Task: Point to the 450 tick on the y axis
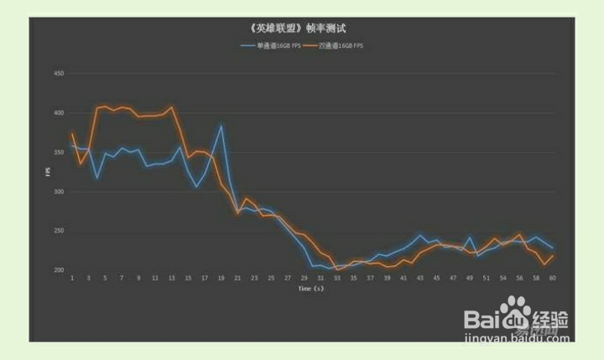(x=59, y=74)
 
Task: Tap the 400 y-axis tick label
(x=59, y=113)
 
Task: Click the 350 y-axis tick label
(x=59, y=153)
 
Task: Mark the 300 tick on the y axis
(x=59, y=192)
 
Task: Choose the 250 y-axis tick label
(x=59, y=231)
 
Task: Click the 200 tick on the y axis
(x=59, y=270)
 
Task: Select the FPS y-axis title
(x=48, y=172)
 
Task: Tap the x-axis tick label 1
(x=72, y=278)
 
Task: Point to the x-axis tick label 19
(x=221, y=278)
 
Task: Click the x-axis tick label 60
(x=553, y=278)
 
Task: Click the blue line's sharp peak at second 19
(x=221, y=126)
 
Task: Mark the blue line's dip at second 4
(x=97, y=178)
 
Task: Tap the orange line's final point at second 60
(x=553, y=255)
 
